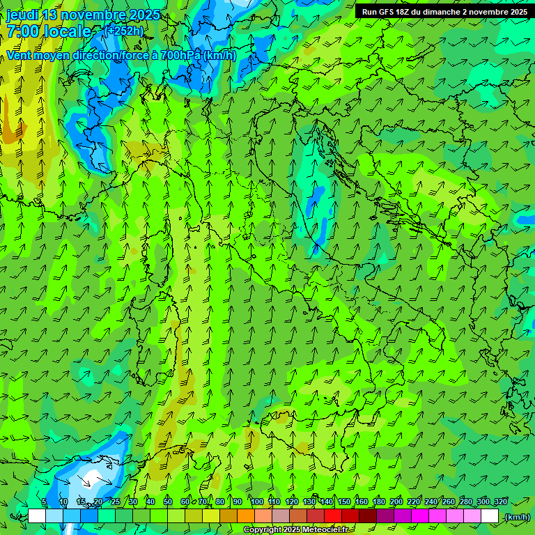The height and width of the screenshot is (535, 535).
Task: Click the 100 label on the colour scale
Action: click(257, 502)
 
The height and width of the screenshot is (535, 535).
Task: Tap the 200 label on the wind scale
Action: click(396, 502)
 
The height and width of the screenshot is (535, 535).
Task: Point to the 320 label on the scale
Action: click(500, 502)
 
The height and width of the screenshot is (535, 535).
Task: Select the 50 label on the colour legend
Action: click(168, 502)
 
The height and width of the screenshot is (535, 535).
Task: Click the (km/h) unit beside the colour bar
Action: click(517, 517)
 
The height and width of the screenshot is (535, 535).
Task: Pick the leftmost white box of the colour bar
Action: click(37, 516)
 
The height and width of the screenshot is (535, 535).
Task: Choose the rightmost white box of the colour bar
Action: click(490, 516)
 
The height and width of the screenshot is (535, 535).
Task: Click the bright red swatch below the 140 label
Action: click(333, 516)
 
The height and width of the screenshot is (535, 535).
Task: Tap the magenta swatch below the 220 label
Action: click(420, 516)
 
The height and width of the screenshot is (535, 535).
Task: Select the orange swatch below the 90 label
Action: click(246, 516)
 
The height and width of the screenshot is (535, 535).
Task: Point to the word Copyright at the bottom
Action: click(262, 530)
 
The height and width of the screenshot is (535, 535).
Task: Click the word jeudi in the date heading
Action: click(23, 15)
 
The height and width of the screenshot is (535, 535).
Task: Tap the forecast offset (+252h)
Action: click(125, 31)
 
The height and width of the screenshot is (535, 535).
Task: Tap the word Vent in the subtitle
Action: click(19, 55)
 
